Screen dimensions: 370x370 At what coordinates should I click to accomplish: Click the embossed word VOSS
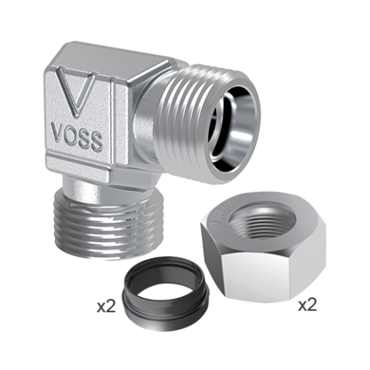[77, 137]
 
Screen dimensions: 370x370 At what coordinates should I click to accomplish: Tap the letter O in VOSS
[69, 135]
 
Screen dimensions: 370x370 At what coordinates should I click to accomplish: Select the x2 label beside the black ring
[106, 307]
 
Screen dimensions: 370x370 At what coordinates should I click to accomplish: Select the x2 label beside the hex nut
[308, 305]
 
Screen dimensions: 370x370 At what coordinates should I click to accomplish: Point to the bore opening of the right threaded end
[233, 126]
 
